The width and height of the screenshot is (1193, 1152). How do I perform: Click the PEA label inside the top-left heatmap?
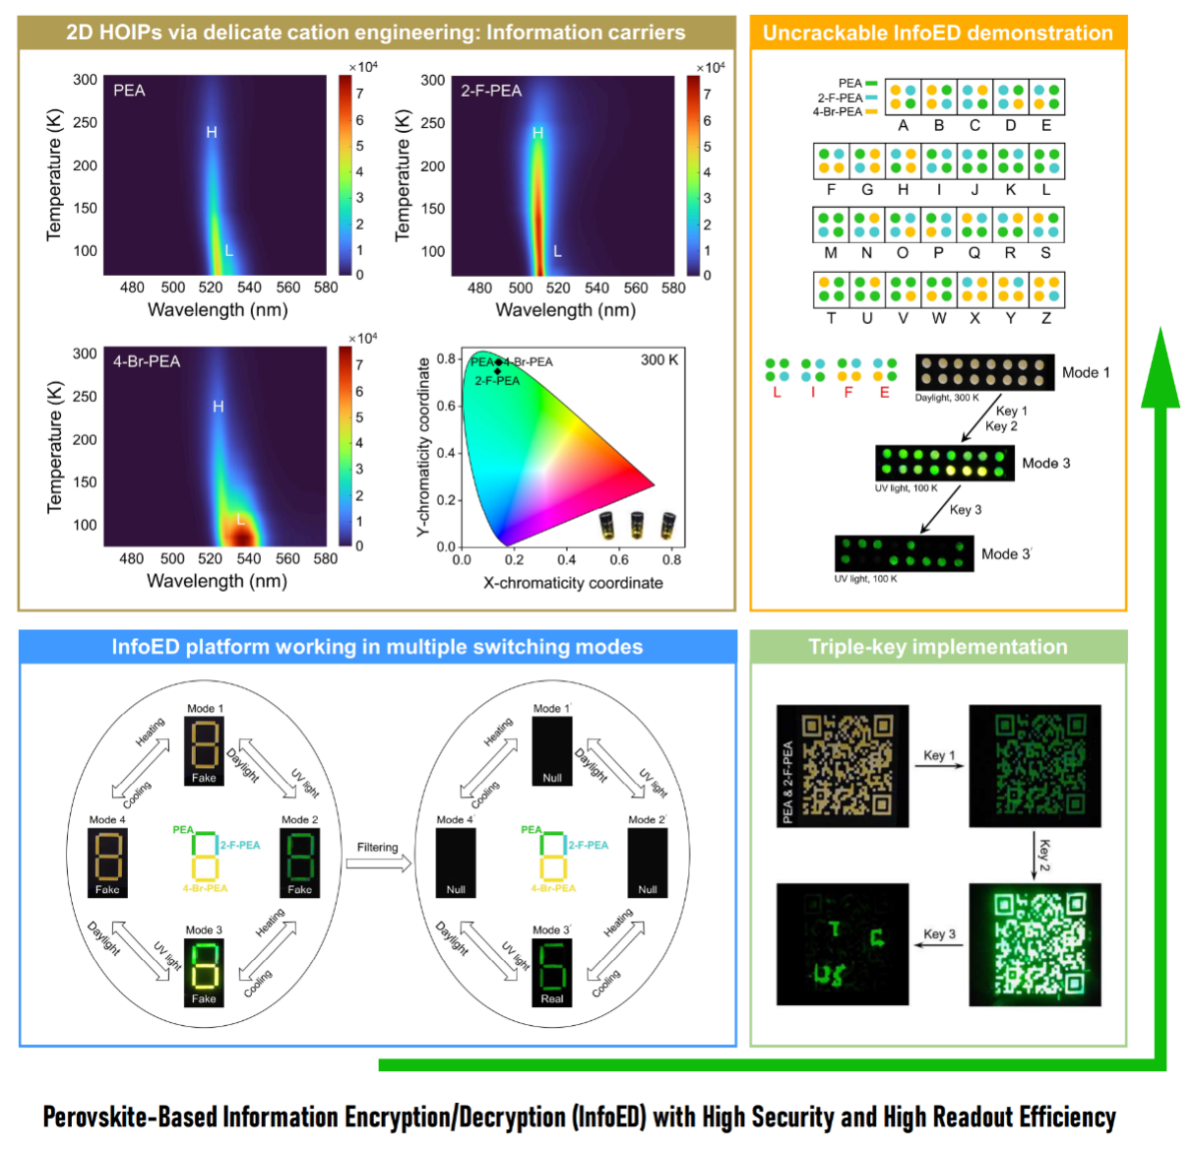click(x=129, y=91)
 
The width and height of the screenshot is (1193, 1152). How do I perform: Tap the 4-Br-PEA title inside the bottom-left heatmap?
click(x=147, y=361)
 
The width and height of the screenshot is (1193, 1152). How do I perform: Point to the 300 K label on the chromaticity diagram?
click(x=659, y=359)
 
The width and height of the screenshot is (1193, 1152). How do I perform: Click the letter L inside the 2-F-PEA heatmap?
click(x=557, y=251)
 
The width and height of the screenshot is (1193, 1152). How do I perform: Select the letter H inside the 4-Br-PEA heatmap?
click(x=218, y=407)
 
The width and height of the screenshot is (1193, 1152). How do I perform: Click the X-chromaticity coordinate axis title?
click(x=572, y=583)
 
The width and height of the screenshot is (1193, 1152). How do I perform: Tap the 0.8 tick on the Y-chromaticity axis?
click(x=446, y=358)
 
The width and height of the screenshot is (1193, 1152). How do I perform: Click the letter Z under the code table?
click(x=1045, y=318)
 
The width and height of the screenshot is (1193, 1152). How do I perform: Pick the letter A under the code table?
click(x=903, y=125)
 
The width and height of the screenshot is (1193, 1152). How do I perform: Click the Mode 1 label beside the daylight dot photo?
click(x=1085, y=372)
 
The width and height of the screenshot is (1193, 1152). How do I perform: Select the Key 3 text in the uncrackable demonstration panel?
click(x=965, y=509)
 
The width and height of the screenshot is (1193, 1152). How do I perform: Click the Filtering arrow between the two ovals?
click(x=378, y=864)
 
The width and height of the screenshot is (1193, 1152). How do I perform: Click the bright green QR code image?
click(x=1035, y=943)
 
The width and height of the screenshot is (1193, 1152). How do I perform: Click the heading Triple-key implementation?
click(x=937, y=647)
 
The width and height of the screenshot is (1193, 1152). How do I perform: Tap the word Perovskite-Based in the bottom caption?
click(x=128, y=1118)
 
